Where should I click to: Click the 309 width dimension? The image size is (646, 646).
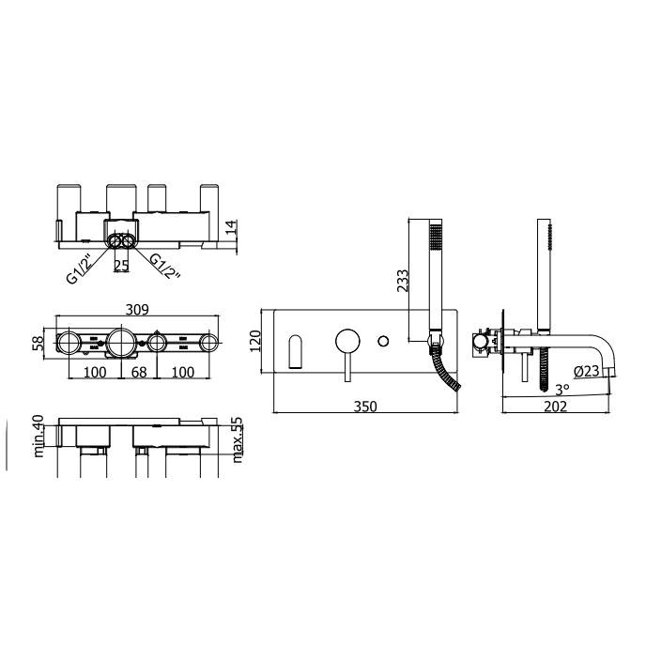tap(137, 309)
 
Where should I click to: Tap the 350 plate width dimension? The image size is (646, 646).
tap(365, 407)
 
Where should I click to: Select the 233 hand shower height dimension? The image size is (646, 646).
tap(403, 281)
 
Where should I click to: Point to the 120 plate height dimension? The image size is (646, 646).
tap(255, 341)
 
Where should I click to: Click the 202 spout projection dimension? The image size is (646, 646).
tap(555, 407)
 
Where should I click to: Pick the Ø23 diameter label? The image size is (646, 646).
tap(587, 371)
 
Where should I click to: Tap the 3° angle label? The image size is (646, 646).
tap(562, 389)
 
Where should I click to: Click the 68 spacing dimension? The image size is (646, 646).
tap(139, 372)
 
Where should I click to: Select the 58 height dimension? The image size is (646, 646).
tap(38, 344)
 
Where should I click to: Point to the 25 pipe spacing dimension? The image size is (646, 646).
tap(121, 266)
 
